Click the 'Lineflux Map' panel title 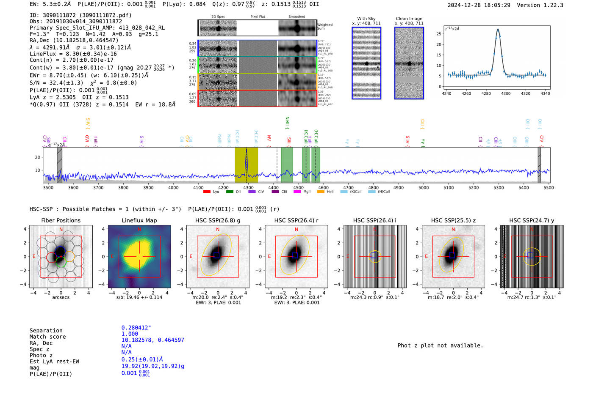139,220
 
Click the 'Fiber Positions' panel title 61,220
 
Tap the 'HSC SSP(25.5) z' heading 453,220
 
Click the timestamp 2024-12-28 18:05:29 479,5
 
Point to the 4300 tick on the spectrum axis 248,187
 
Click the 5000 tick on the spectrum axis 424,187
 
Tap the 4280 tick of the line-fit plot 486,93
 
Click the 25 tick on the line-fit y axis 439,34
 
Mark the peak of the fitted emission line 498,30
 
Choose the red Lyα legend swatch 207,192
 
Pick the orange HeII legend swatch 321,192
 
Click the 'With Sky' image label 366,19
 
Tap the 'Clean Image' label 409,19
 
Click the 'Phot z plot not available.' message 440,345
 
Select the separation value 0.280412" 136,328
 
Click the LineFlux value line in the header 73,54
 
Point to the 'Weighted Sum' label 325,27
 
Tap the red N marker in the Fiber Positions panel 61,229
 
